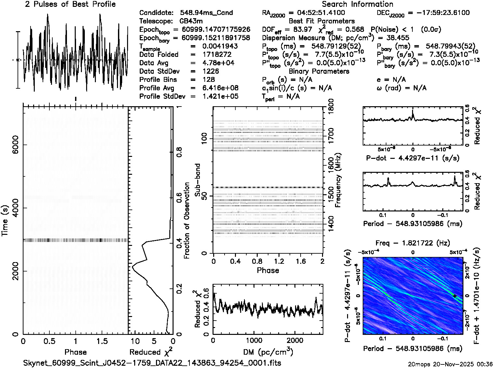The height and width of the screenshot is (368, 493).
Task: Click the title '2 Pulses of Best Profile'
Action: [x=70, y=5]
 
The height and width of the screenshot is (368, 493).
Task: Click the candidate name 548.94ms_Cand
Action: [x=206, y=13]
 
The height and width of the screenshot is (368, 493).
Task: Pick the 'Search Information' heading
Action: [x=357, y=5]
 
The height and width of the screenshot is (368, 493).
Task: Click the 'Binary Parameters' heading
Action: [x=319, y=71]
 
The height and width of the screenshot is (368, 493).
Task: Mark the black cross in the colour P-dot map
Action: [x=455, y=296]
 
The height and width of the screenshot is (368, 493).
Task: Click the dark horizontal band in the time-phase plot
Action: [x=75, y=240]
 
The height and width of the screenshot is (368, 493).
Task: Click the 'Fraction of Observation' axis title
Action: [x=187, y=221]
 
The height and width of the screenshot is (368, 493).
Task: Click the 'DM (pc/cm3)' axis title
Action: [x=268, y=352]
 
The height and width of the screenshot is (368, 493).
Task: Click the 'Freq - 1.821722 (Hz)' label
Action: [x=413, y=243]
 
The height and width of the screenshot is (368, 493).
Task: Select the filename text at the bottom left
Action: [x=152, y=363]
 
